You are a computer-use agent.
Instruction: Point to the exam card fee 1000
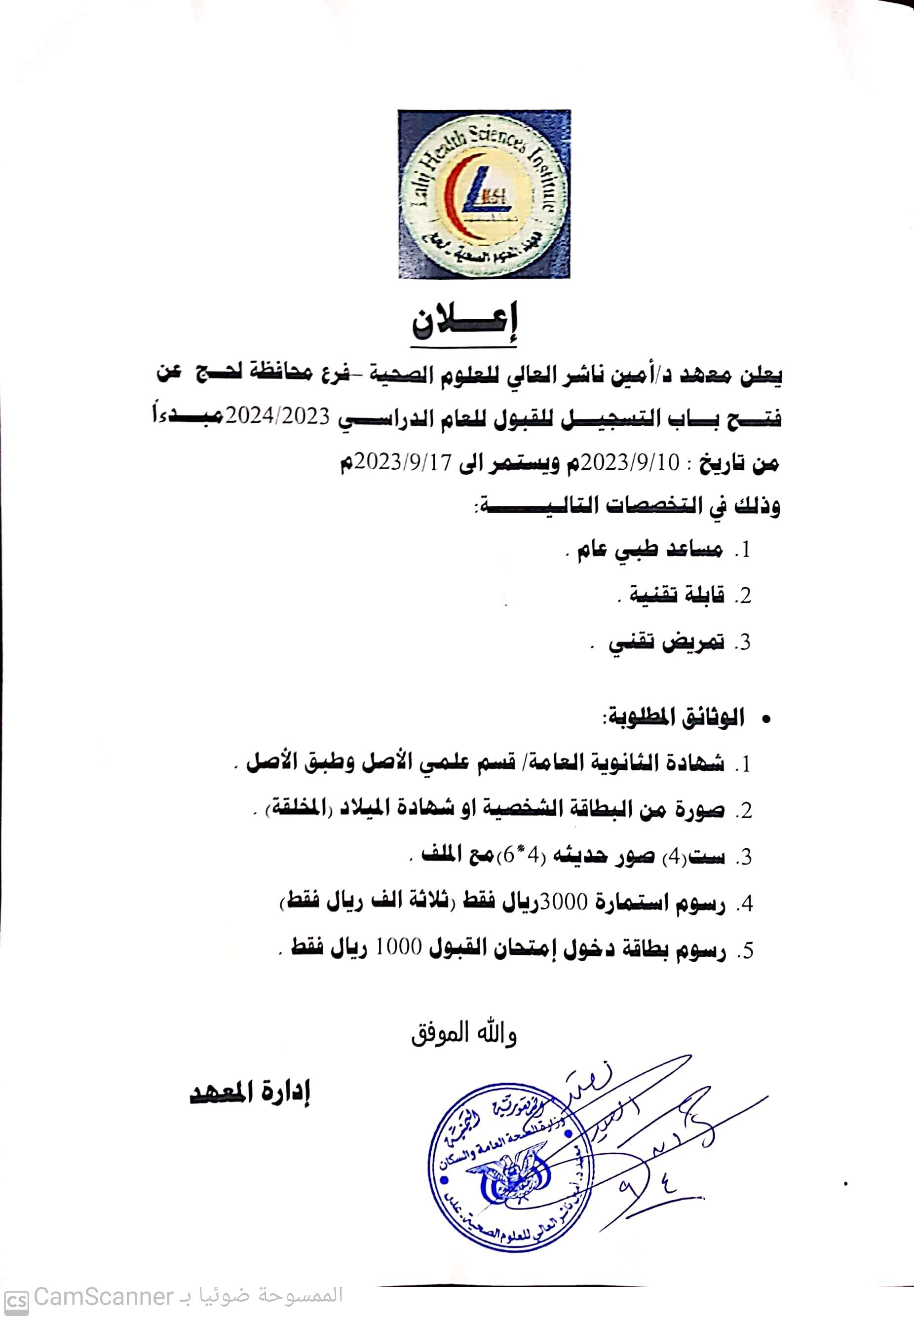[399, 950]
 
